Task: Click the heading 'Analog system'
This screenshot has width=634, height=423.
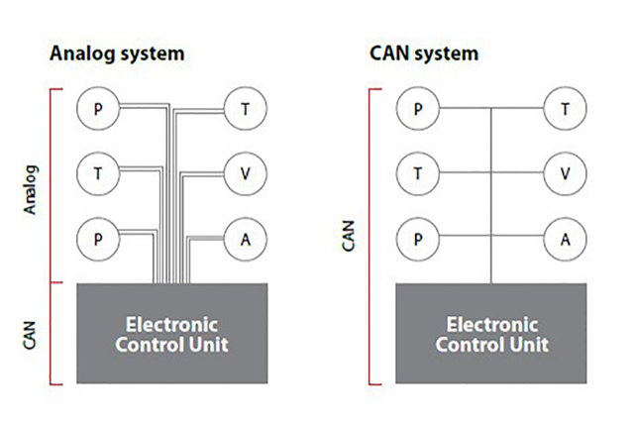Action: [117, 53]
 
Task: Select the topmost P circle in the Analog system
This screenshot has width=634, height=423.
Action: [97, 108]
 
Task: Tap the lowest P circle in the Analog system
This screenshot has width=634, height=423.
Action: [97, 239]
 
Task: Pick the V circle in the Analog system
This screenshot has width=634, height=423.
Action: [245, 173]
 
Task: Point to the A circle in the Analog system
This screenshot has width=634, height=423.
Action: [245, 239]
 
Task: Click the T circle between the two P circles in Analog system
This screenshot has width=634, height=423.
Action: [97, 173]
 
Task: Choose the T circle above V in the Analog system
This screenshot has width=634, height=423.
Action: [245, 108]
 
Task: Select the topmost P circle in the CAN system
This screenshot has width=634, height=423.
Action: [418, 108]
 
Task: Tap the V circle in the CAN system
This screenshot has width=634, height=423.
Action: [565, 173]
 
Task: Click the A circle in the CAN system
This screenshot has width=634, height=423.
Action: [565, 239]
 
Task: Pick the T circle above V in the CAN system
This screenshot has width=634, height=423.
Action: [565, 108]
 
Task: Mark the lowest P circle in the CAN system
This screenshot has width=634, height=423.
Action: [418, 239]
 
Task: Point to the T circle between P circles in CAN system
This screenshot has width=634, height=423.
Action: [418, 173]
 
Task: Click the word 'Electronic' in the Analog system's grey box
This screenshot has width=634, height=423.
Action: [171, 325]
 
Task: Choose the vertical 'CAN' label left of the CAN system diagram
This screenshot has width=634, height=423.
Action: [349, 236]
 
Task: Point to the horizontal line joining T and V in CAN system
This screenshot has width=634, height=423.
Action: [517, 173]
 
